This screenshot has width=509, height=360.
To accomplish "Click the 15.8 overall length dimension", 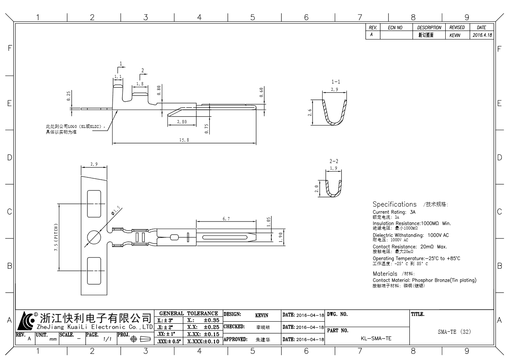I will [184, 140].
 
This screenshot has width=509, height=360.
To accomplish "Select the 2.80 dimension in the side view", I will [181, 121].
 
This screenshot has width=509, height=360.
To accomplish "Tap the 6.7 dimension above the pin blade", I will [227, 218].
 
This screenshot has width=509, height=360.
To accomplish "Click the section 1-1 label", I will [334, 82].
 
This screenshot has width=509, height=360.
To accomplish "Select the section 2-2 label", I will [334, 161].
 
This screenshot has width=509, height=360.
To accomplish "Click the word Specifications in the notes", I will [394, 204].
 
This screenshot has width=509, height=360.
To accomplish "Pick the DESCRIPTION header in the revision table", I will [429, 28].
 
